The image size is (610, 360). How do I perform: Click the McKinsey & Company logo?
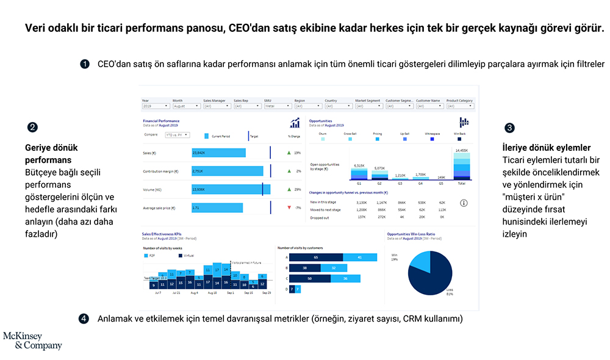(32, 340)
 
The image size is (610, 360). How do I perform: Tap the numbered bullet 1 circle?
(85, 64)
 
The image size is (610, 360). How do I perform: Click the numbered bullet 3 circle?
(509, 128)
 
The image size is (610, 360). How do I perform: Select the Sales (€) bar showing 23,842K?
(218, 153)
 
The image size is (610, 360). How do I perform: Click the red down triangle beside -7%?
(289, 208)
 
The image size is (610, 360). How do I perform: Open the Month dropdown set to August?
(186, 106)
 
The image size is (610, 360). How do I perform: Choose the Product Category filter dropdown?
(461, 106)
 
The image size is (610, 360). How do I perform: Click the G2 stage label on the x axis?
(379, 183)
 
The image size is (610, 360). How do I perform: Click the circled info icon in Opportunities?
(464, 203)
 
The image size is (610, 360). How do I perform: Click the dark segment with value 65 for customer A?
(316, 257)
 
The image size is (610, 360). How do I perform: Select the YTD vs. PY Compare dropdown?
(176, 135)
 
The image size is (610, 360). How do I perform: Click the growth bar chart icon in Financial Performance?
(295, 123)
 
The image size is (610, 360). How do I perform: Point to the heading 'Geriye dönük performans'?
(51, 154)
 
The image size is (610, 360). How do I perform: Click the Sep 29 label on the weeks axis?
(265, 293)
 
